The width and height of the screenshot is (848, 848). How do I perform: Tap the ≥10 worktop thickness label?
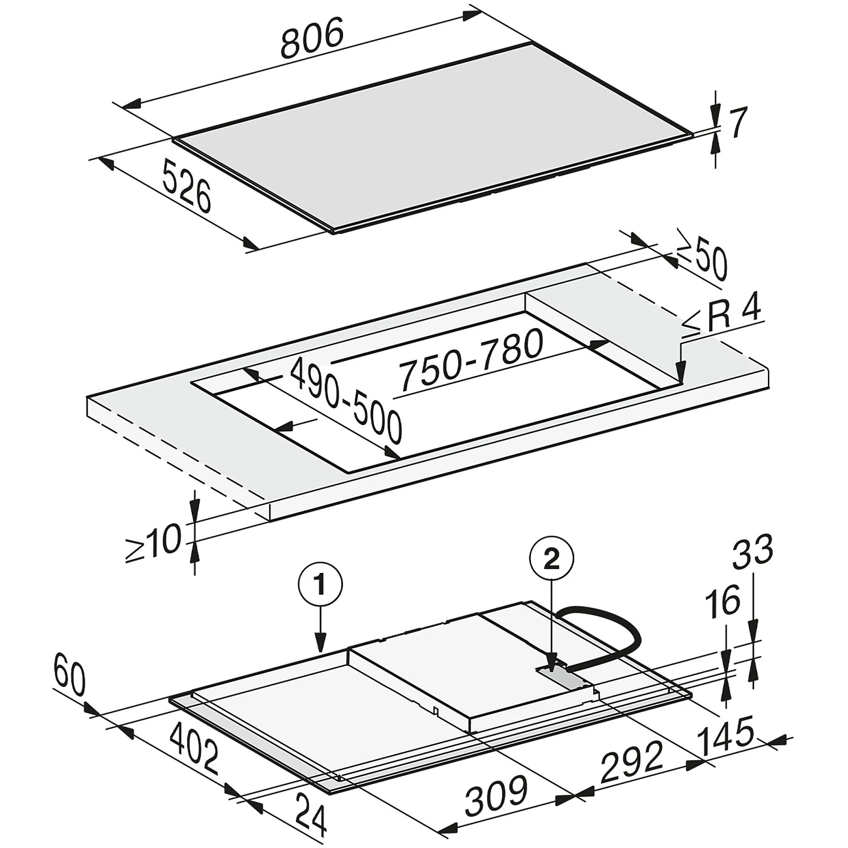[154, 544]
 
